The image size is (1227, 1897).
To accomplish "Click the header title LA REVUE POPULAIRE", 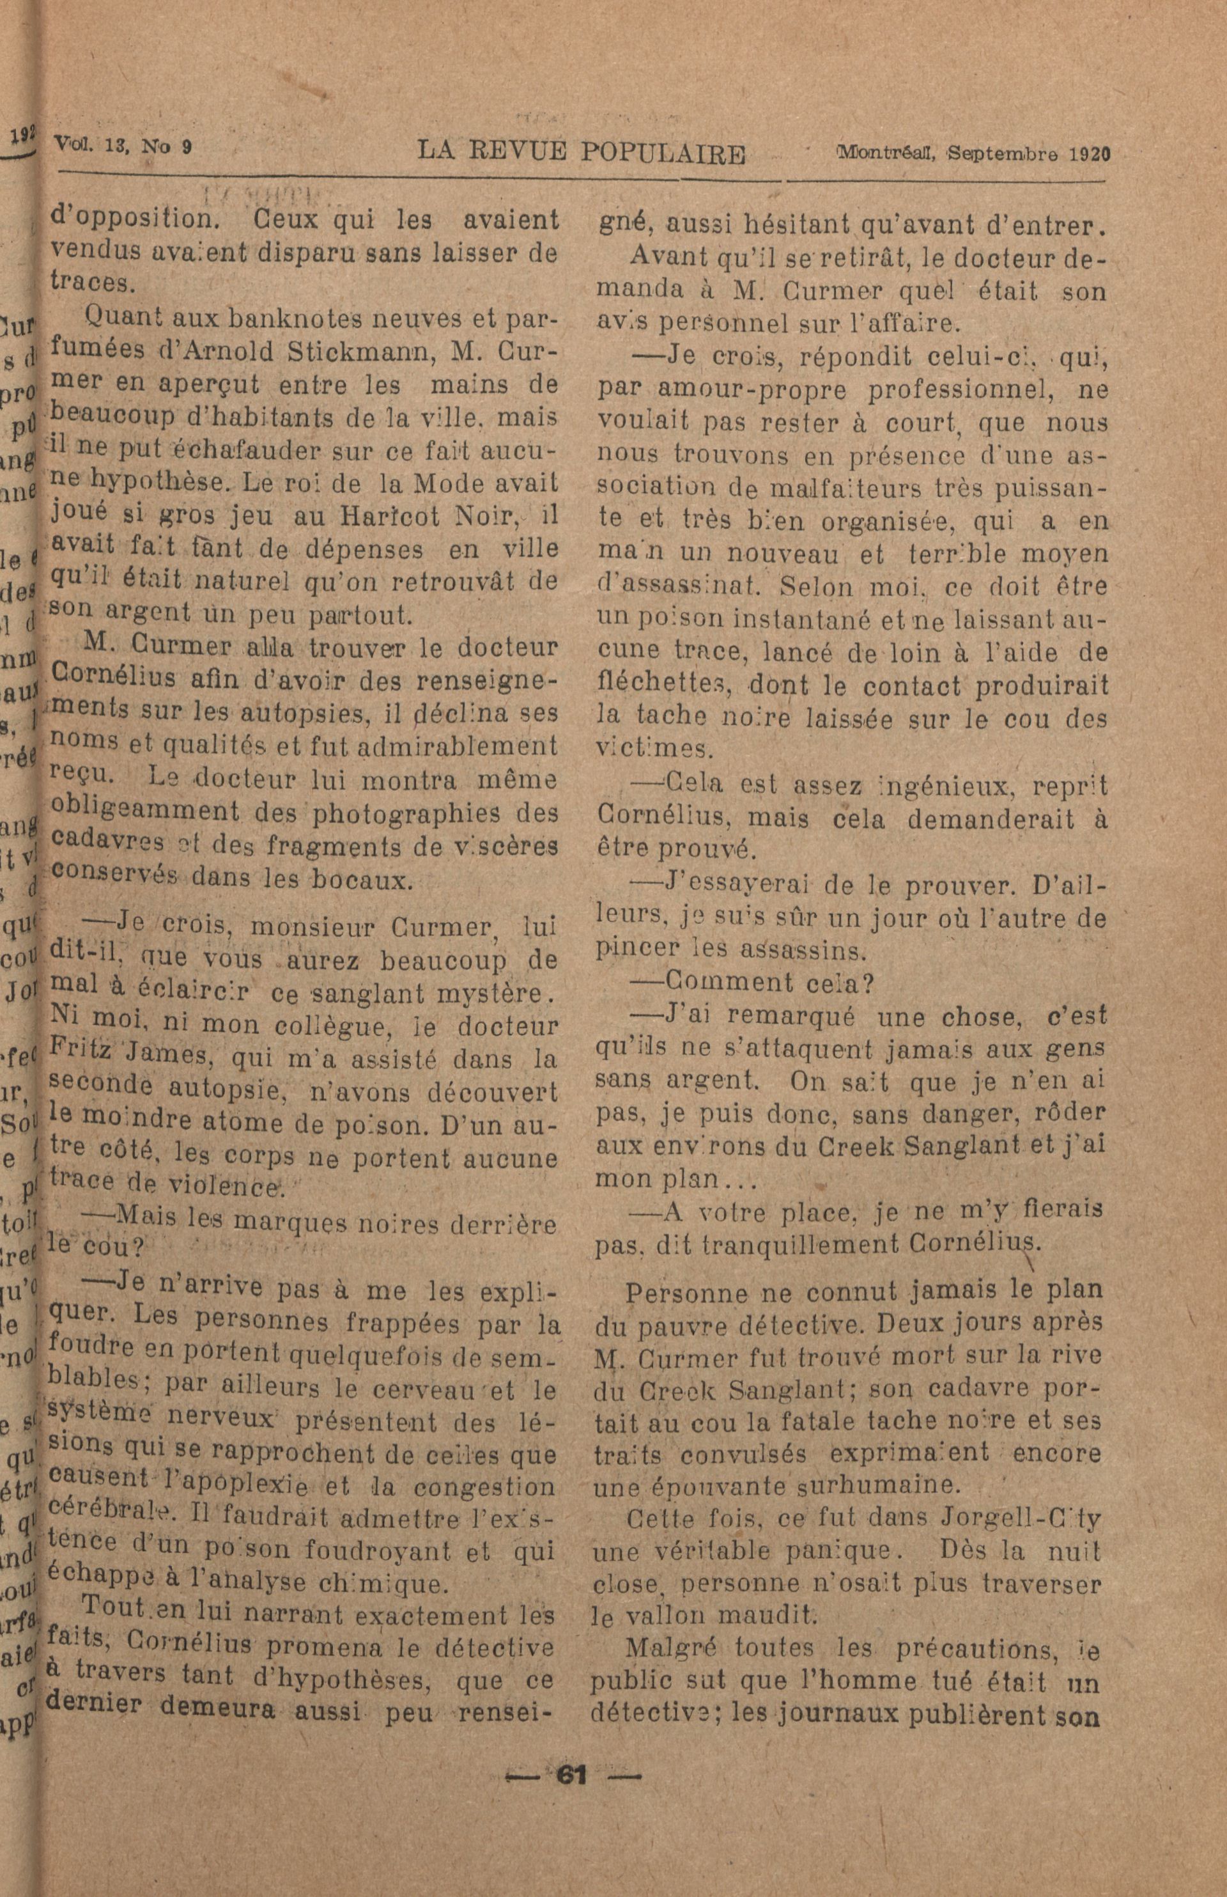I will pyautogui.click(x=582, y=153).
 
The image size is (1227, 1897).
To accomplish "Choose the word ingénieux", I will pyautogui.click(x=943, y=786).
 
